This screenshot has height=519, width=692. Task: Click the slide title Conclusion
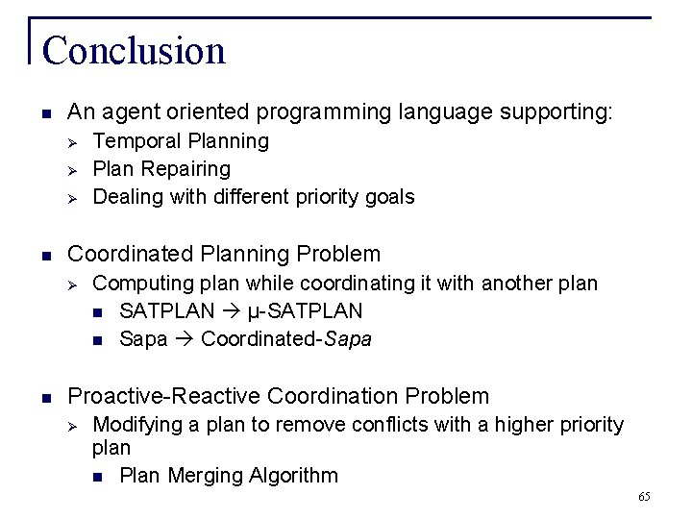(134, 51)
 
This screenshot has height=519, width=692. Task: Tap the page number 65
(643, 497)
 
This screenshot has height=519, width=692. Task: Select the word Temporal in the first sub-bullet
(130, 141)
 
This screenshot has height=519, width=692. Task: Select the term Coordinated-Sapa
(286, 339)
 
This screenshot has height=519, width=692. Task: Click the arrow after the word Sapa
(185, 339)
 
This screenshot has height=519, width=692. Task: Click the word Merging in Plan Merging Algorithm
(203, 475)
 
